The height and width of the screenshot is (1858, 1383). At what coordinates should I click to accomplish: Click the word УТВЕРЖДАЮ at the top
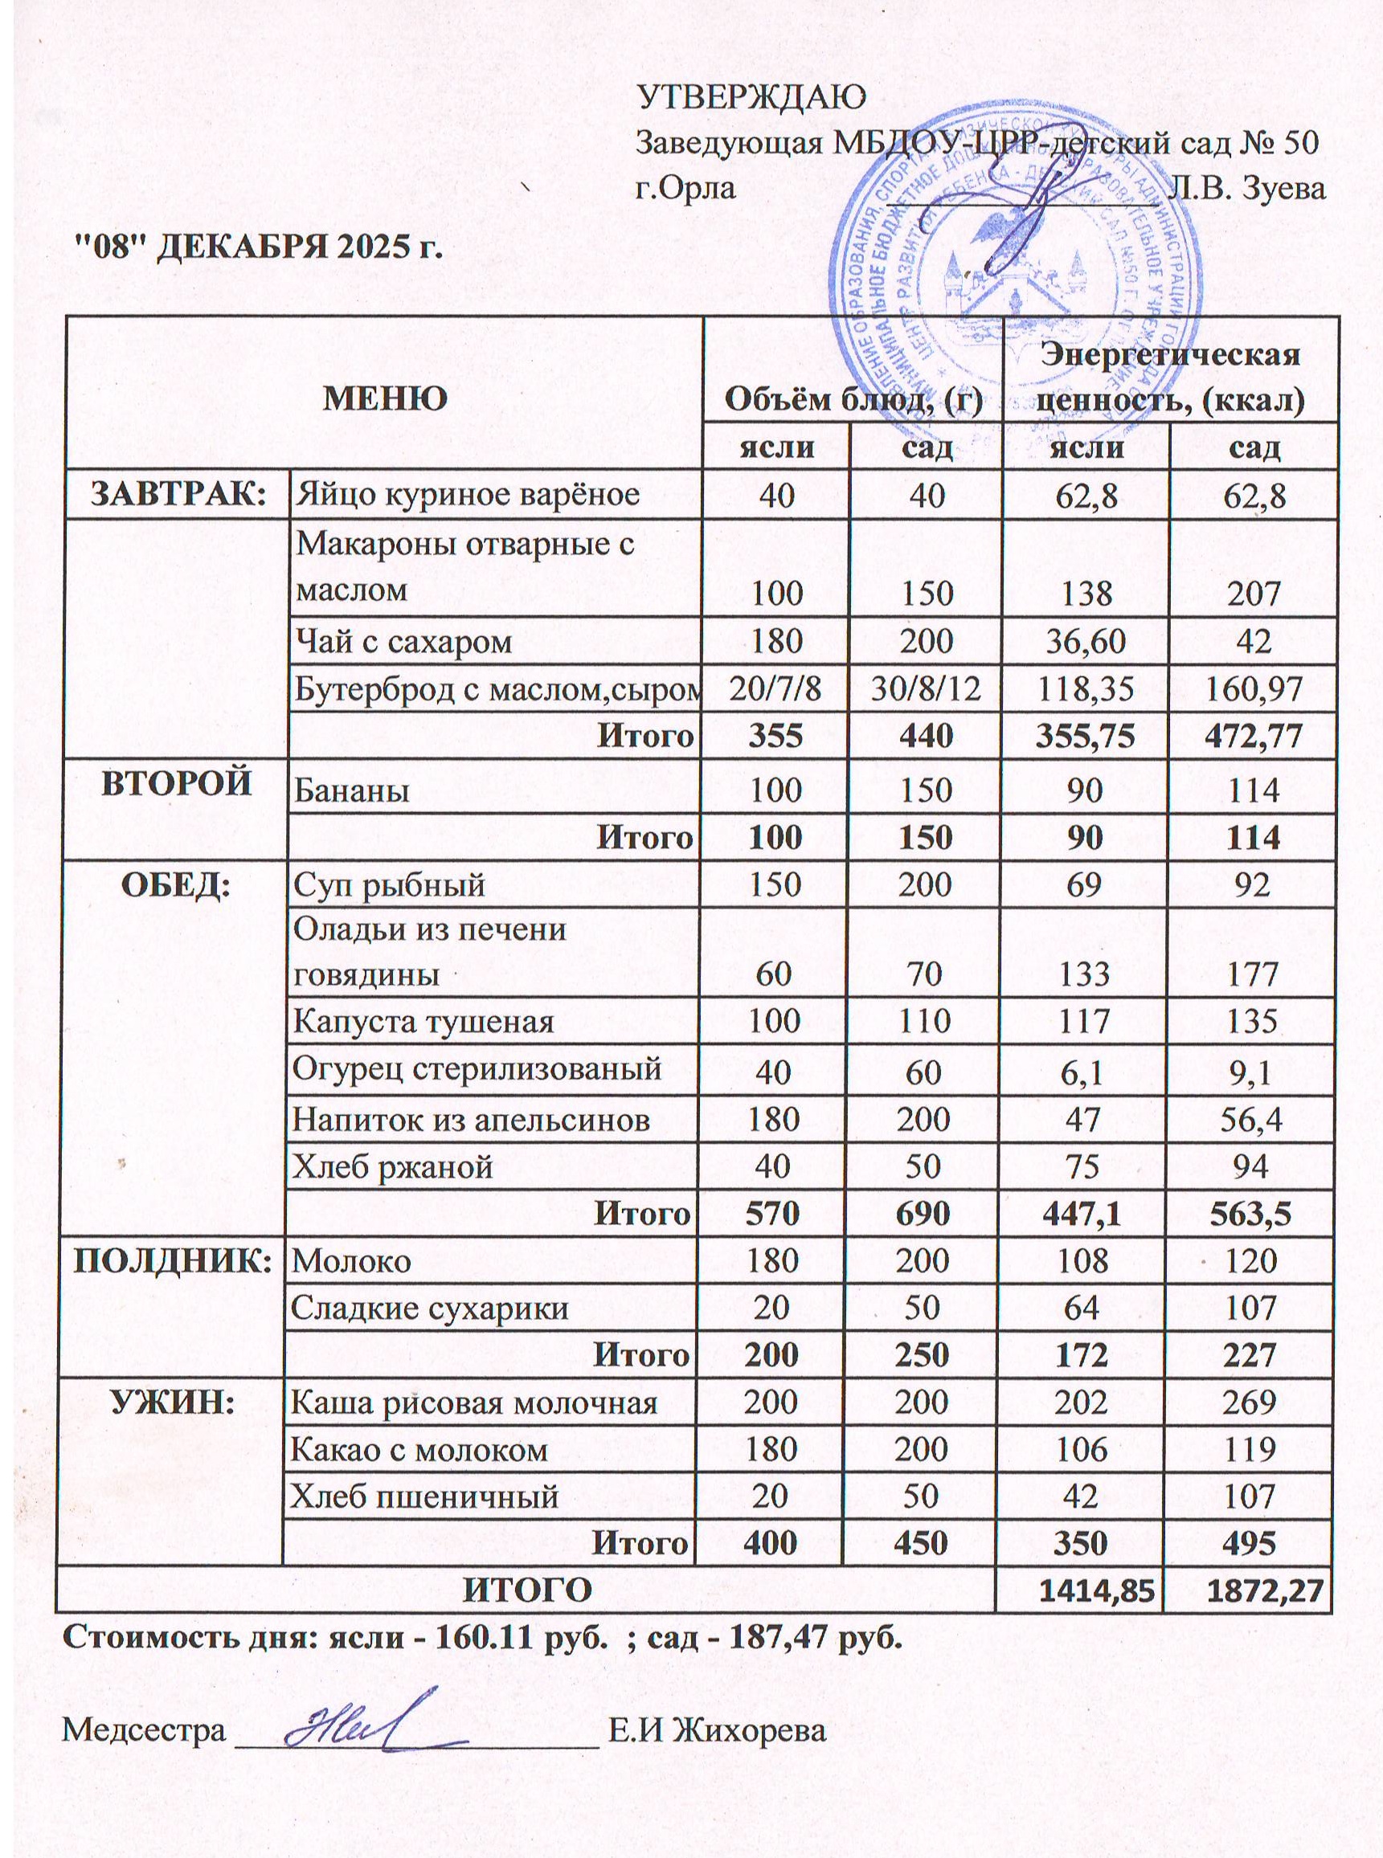point(752,97)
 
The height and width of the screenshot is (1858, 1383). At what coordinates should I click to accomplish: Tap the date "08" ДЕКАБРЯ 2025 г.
point(258,247)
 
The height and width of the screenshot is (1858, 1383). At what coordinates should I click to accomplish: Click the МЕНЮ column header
point(385,398)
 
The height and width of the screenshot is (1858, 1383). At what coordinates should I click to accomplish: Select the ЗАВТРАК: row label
point(178,494)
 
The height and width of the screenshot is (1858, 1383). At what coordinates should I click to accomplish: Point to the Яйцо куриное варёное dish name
point(467,495)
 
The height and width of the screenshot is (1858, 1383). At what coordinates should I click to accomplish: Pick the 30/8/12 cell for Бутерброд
point(925,688)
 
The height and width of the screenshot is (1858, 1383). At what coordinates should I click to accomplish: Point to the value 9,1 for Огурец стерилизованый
point(1252,1071)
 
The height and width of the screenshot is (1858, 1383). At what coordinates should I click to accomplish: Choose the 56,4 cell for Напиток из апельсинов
point(1252,1119)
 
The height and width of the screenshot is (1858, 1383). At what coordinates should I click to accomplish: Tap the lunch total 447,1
point(1084,1214)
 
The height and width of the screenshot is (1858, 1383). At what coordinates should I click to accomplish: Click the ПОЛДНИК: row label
point(174,1260)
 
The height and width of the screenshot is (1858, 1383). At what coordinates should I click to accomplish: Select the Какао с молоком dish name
point(419,1450)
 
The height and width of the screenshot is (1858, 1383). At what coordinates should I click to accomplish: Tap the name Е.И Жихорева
point(717,1731)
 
